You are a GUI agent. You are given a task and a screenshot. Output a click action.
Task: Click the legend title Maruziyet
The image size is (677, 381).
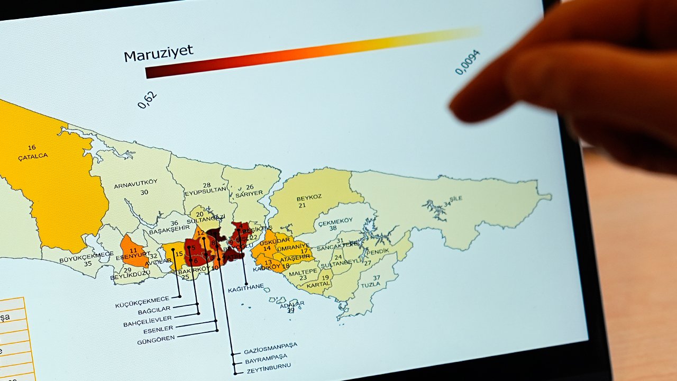pyautogui.click(x=158, y=53)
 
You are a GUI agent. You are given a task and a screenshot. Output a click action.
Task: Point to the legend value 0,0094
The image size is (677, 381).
pyautogui.click(x=468, y=62)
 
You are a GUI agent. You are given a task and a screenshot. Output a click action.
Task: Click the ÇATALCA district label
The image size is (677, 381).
pyautogui.click(x=33, y=156)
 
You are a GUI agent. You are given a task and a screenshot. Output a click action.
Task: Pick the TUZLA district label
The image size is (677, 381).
pyautogui.click(x=371, y=285)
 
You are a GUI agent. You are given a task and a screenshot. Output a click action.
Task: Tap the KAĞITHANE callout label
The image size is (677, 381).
pyautogui.click(x=245, y=290)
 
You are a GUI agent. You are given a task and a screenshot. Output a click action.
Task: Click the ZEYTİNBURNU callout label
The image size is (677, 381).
pyautogui.click(x=267, y=366)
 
